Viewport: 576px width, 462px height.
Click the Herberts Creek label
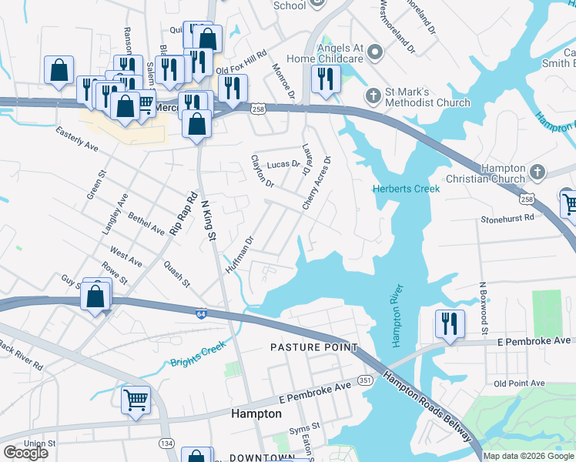[x=406, y=189]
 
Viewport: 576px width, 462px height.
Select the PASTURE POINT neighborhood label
[x=314, y=348]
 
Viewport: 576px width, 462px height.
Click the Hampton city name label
[x=256, y=413]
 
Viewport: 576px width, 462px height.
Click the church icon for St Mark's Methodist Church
[x=373, y=96]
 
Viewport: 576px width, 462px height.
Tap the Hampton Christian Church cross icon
[x=537, y=172]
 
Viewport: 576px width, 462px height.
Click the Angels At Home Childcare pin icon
[x=375, y=52]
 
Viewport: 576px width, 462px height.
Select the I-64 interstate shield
[x=201, y=313]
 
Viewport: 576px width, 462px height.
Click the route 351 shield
[x=366, y=380]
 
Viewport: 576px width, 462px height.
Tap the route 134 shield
[x=166, y=443]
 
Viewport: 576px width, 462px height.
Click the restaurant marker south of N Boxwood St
[x=448, y=323]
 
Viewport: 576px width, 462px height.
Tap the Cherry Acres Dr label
[x=316, y=185]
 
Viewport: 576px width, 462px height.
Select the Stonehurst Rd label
[x=507, y=219]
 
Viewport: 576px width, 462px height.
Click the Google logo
[x=25, y=453]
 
